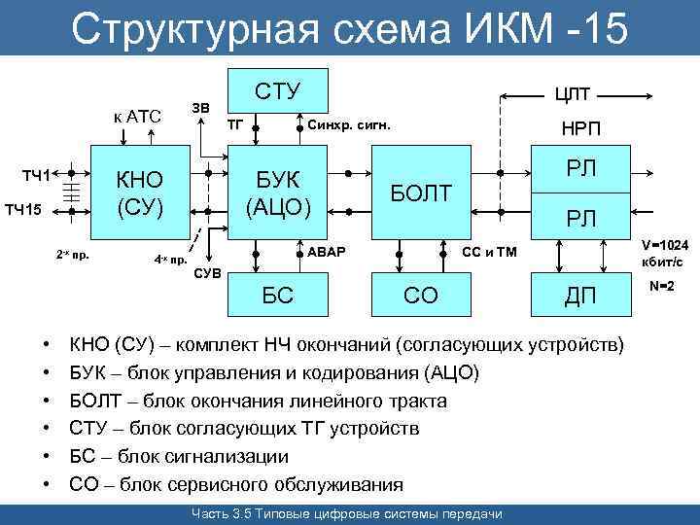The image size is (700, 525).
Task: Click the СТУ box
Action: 277,91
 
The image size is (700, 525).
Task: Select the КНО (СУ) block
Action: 140,193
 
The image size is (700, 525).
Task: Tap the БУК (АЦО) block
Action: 277,193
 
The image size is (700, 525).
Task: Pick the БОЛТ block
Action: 421,193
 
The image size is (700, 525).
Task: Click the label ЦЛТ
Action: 574,93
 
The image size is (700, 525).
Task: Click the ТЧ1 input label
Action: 36,175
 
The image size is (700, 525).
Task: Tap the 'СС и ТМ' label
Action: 490,253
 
